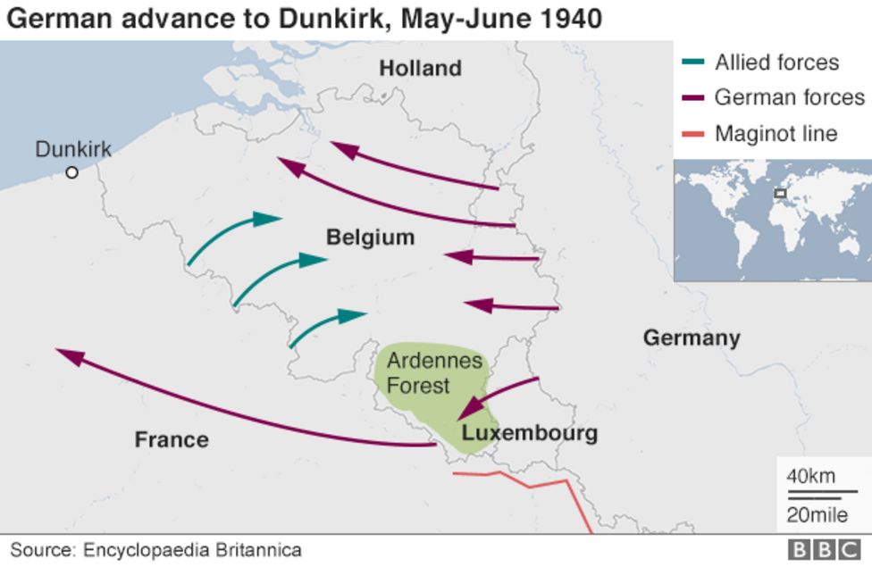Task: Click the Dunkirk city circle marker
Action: pyautogui.click(x=72, y=172)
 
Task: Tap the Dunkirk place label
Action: pyautogui.click(x=73, y=149)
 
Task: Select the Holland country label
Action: pyautogui.click(x=420, y=68)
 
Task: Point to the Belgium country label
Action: pyautogui.click(x=370, y=238)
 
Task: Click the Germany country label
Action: pyautogui.click(x=692, y=338)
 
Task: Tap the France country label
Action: pyautogui.click(x=172, y=439)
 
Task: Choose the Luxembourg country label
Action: pyautogui.click(x=529, y=434)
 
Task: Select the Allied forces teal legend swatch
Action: pyautogui.click(x=692, y=63)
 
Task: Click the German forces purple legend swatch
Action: pyautogui.click(x=692, y=98)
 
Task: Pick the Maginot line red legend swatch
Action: pyautogui.click(x=692, y=134)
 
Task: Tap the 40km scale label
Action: pyautogui.click(x=810, y=476)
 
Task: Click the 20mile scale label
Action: pyautogui.click(x=817, y=514)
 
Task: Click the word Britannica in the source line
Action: pyautogui.click(x=254, y=550)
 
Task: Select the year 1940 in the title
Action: pyautogui.click(x=569, y=18)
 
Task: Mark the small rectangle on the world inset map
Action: pyautogui.click(x=780, y=193)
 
